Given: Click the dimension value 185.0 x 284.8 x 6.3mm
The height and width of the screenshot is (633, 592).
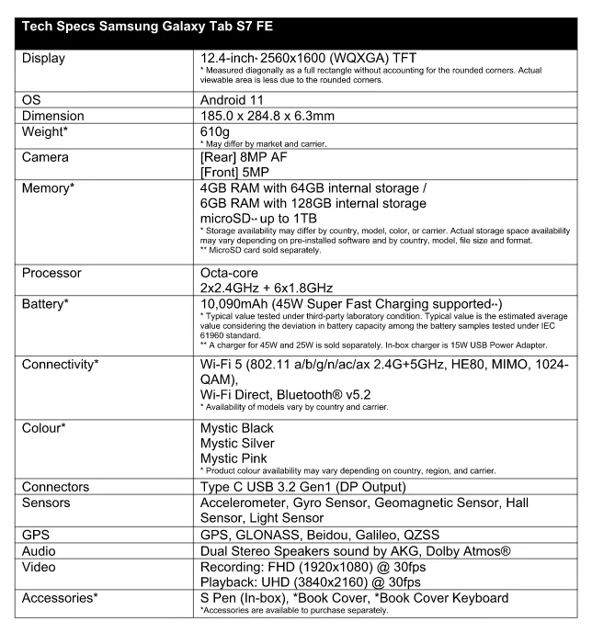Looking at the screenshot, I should click(280, 116).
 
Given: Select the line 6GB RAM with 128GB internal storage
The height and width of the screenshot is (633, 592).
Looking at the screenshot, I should click(313, 203).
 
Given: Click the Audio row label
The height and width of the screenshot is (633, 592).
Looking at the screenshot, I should click(42, 549).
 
